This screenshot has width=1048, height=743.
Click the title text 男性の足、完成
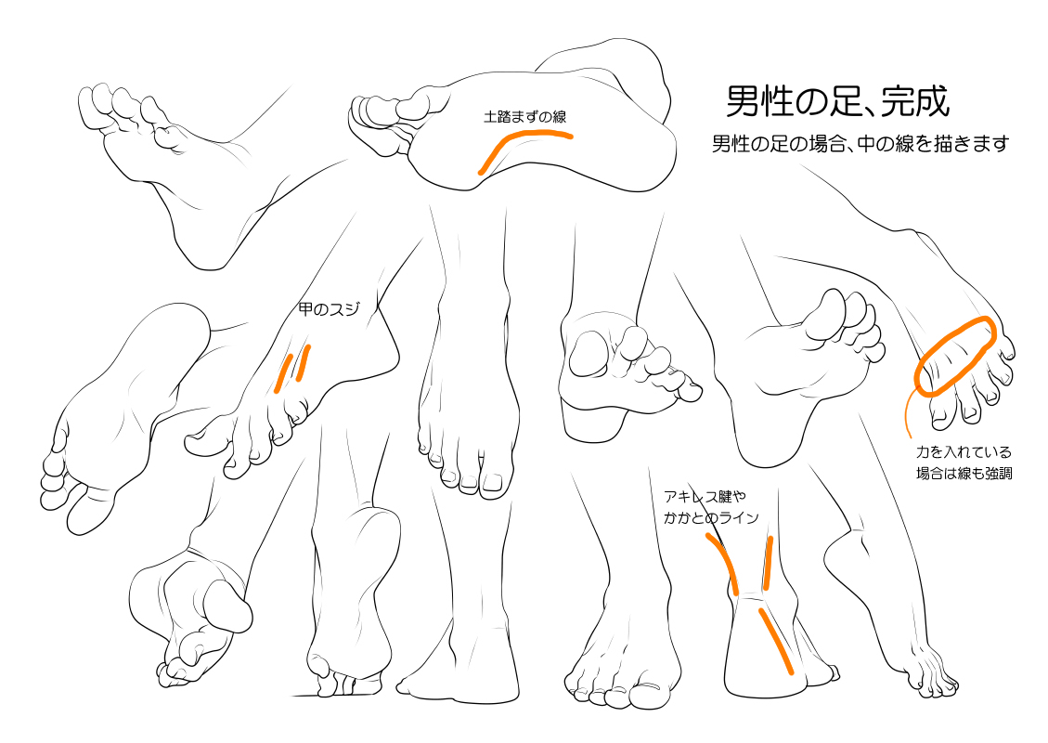pyautogui.click(x=837, y=101)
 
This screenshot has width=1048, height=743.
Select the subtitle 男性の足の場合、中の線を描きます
pyautogui.click(x=860, y=144)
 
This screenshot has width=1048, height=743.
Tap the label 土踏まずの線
pyautogui.click(x=524, y=117)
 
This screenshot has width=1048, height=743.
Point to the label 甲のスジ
pyautogui.click(x=329, y=309)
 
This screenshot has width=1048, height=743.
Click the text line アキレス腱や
pyautogui.click(x=705, y=496)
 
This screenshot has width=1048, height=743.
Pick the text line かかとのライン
pyautogui.click(x=711, y=517)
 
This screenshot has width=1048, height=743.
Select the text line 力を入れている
pyautogui.click(x=964, y=452)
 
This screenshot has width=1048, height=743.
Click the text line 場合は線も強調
pyautogui.click(x=964, y=474)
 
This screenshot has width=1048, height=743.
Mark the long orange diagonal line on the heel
pyautogui.click(x=775, y=641)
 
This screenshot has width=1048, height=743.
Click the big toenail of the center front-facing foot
pyautogui.click(x=492, y=482)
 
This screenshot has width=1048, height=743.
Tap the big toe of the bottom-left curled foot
pyautogui.click(x=228, y=605)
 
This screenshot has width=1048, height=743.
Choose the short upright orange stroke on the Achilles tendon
pyautogui.click(x=768, y=564)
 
